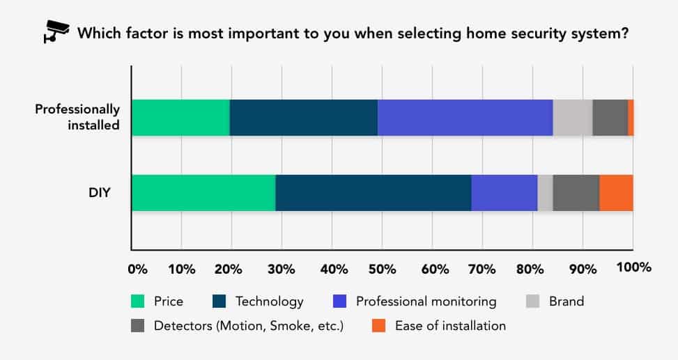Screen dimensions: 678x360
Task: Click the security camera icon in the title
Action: click(x=56, y=32)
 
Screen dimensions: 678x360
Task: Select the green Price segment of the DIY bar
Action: click(x=203, y=193)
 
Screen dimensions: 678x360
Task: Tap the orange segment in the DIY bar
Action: click(x=616, y=193)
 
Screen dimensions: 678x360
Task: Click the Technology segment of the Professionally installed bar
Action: click(x=304, y=118)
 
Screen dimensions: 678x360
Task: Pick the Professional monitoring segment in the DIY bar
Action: click(x=504, y=193)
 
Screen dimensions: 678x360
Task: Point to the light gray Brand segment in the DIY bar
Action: click(x=545, y=193)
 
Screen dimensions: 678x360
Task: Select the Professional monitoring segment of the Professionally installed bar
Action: click(x=465, y=118)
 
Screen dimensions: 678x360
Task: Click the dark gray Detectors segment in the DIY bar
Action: click(x=576, y=193)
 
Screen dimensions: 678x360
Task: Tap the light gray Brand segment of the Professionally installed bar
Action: click(x=573, y=118)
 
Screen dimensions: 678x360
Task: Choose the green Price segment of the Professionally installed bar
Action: click(x=180, y=118)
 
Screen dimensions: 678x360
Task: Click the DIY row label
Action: click(x=100, y=192)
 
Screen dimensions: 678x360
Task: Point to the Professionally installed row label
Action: click(x=77, y=117)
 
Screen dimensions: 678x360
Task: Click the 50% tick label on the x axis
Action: click(x=383, y=269)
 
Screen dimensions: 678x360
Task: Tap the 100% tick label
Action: click(x=634, y=267)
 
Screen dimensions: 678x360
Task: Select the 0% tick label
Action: click(x=137, y=269)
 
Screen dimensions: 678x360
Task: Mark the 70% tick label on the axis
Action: click(x=482, y=269)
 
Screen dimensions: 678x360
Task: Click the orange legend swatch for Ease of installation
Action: click(x=379, y=325)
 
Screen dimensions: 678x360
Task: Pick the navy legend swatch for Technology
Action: click(x=219, y=302)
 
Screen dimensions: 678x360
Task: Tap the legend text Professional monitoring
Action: click(x=426, y=302)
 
